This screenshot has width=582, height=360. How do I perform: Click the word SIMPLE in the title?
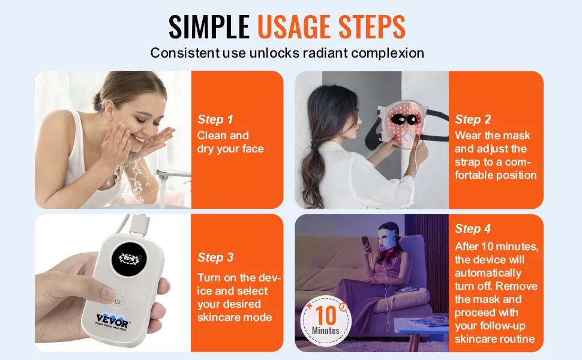click(209, 27)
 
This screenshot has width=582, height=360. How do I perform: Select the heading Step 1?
click(215, 119)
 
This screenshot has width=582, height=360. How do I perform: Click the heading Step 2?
click(473, 119)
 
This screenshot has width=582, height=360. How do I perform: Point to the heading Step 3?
click(215, 257)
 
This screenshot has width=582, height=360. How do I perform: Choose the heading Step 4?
click(473, 229)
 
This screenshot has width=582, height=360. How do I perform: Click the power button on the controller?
click(118, 301)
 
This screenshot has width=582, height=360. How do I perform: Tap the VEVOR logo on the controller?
click(113, 320)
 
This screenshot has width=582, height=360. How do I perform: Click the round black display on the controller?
click(128, 259)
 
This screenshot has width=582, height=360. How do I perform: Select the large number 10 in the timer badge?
click(326, 315)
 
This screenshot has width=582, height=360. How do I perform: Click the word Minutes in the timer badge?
click(326, 331)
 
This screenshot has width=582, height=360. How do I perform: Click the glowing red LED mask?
click(400, 122)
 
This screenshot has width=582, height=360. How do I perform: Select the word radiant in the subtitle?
click(326, 53)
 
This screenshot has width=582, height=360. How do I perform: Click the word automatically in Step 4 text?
click(488, 274)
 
